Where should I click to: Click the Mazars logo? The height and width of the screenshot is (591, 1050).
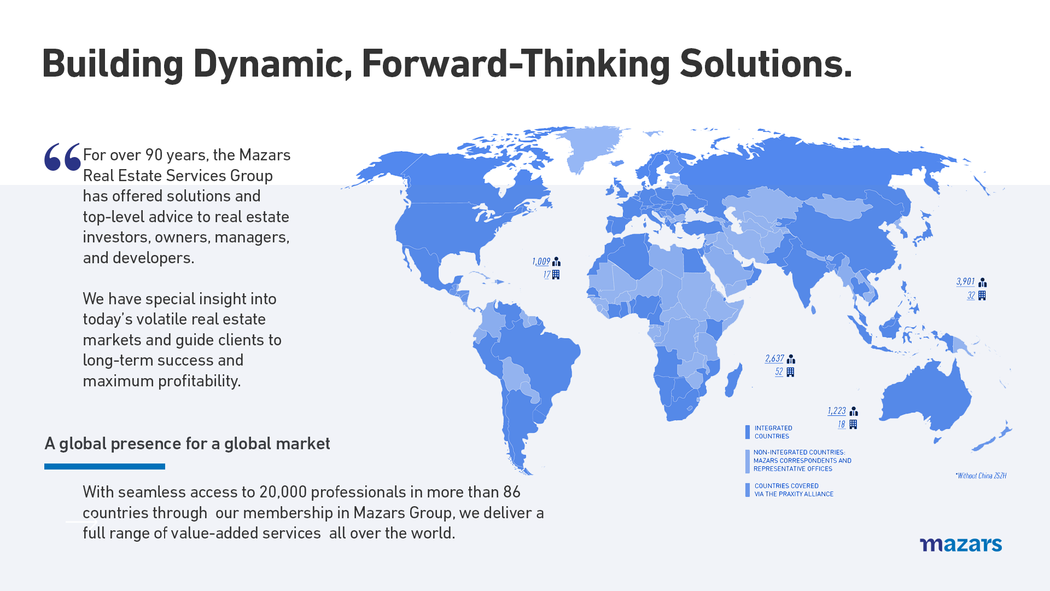961,544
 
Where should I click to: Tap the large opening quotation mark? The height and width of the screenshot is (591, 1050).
62,157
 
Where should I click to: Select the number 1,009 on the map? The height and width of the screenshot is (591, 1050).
541,262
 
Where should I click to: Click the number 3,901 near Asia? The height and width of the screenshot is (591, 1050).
965,282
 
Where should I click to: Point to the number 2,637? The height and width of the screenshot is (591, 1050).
774,358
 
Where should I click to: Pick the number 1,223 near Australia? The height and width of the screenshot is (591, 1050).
837,411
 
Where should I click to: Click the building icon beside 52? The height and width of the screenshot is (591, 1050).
790,372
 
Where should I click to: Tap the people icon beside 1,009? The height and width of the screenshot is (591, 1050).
556,262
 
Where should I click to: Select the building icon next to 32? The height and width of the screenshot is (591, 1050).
982,296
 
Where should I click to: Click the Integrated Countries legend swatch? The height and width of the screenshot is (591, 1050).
748,432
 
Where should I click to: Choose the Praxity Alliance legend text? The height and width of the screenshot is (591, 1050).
794,490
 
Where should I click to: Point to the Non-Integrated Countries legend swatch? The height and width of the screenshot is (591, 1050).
748,461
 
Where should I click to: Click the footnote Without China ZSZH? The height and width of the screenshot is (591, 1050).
981,476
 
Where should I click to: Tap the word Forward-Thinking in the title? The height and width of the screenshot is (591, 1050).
516,64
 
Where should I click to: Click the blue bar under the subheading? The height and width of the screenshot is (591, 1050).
104,466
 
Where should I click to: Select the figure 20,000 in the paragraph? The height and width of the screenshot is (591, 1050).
283,492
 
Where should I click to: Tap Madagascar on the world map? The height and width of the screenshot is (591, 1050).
733,380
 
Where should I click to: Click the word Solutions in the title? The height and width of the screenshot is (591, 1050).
766,64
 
